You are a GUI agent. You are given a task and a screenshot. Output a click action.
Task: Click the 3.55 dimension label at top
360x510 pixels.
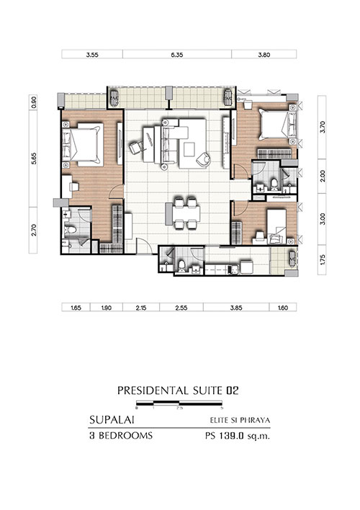point(92,55)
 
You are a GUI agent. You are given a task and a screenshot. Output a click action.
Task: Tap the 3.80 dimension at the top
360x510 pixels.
point(264,55)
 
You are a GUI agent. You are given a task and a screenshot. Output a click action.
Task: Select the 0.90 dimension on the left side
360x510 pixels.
point(34,102)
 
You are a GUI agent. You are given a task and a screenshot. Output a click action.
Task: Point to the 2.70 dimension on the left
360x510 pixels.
point(34,231)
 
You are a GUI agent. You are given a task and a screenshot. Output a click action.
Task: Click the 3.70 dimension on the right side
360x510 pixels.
point(323,127)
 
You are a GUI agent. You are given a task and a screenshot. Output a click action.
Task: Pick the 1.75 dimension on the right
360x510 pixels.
point(323,260)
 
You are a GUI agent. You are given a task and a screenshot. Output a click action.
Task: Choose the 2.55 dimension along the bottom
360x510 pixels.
point(181,308)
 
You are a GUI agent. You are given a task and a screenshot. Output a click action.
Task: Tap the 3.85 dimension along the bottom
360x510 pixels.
point(236,308)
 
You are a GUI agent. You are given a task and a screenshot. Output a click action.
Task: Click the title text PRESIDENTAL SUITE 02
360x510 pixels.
point(178,390)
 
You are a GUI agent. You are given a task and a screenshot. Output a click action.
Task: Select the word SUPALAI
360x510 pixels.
point(112,420)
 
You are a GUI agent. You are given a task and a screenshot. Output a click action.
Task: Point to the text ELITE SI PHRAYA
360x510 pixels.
point(240,420)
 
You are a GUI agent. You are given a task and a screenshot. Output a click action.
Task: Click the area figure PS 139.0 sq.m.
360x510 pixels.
point(238,436)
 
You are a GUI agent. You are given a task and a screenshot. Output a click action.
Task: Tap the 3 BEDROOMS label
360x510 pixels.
point(121,436)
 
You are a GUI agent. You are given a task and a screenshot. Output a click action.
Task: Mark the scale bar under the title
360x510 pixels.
point(179,403)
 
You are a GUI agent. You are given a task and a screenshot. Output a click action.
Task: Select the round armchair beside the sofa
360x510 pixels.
point(204,158)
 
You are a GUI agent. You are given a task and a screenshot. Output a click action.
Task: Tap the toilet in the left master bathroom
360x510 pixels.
point(70,230)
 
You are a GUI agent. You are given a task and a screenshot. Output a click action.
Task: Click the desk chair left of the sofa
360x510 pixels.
point(136,148)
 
